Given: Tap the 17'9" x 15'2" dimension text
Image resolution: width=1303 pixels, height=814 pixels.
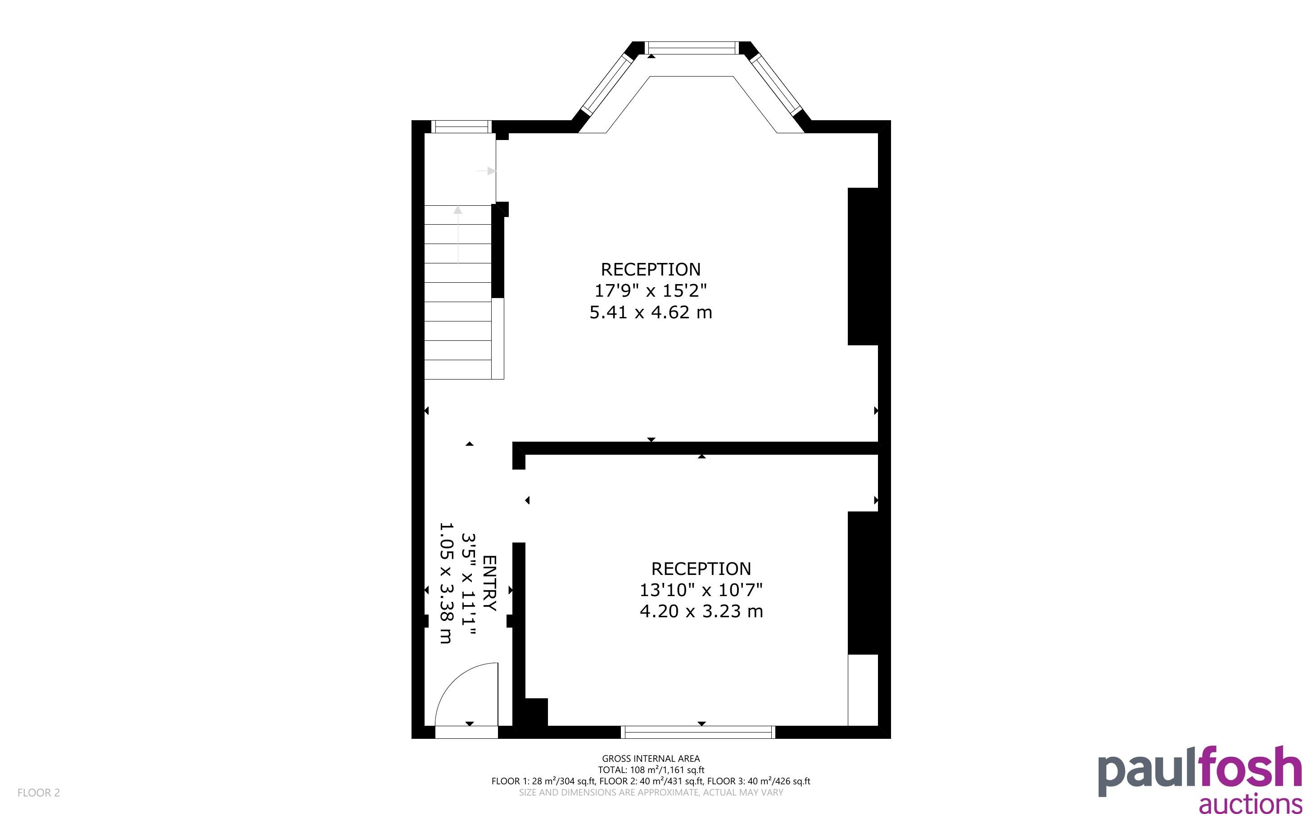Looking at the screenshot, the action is tap(650, 291).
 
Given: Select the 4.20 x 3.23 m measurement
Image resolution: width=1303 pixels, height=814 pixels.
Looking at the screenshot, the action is tap(701, 611).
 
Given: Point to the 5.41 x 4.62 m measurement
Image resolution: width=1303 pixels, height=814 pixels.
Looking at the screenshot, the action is tap(651, 312).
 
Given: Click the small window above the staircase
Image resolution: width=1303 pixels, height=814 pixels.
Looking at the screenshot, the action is tap(461, 127).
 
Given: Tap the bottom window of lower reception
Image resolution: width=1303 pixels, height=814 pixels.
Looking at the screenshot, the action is tap(698, 732).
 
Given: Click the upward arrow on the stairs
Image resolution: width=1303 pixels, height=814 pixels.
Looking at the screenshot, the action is tap(457, 235).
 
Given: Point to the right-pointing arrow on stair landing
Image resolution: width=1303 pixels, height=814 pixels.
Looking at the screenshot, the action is tap(486, 171).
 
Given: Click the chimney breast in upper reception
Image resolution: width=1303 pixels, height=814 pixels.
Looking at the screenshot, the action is tap(862, 267).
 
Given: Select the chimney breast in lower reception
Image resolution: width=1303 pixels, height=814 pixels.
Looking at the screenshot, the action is tap(862, 583).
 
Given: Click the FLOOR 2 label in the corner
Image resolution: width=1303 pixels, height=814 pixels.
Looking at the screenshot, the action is tap(39, 792).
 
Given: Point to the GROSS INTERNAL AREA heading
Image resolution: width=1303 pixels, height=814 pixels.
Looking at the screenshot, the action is tap(651, 759).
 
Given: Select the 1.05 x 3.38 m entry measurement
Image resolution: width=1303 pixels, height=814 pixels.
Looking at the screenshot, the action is tap(446, 583).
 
